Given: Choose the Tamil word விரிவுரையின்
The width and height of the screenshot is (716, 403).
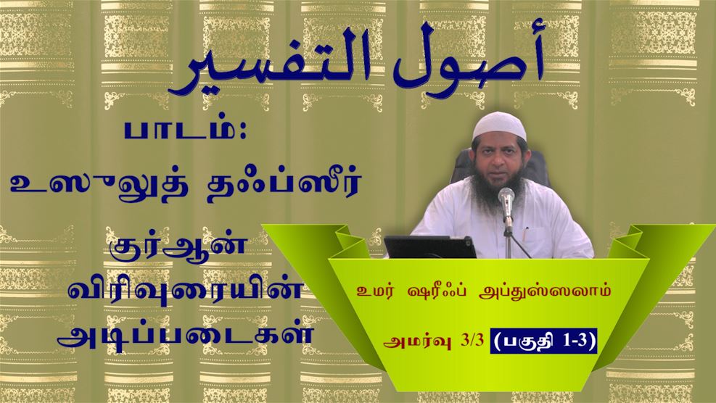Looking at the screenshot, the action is (185, 291).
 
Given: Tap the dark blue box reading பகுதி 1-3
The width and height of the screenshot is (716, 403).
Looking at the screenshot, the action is (543, 341).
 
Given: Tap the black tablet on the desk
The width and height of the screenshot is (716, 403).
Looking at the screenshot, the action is (429, 247).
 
